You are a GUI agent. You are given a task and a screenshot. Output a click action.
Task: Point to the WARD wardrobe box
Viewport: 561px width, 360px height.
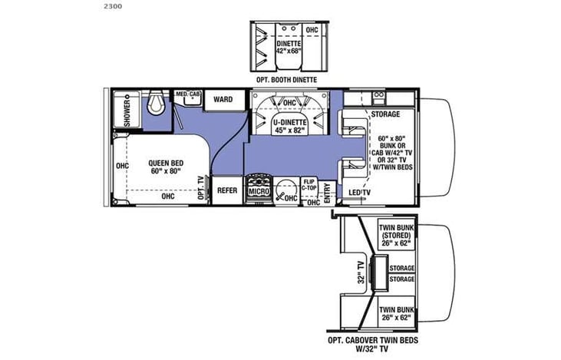pos(223,100)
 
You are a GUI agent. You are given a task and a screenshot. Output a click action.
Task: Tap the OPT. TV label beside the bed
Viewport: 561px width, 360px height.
pos(201,187)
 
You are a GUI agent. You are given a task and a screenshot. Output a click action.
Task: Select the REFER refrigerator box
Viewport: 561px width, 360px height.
pos(226,190)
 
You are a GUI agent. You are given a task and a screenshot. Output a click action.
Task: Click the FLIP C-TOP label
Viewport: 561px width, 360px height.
pos(310,184)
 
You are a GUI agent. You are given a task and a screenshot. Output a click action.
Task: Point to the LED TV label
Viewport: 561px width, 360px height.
pos(359,192)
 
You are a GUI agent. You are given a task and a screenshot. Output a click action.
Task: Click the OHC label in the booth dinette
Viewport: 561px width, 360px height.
pos(312,30)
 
